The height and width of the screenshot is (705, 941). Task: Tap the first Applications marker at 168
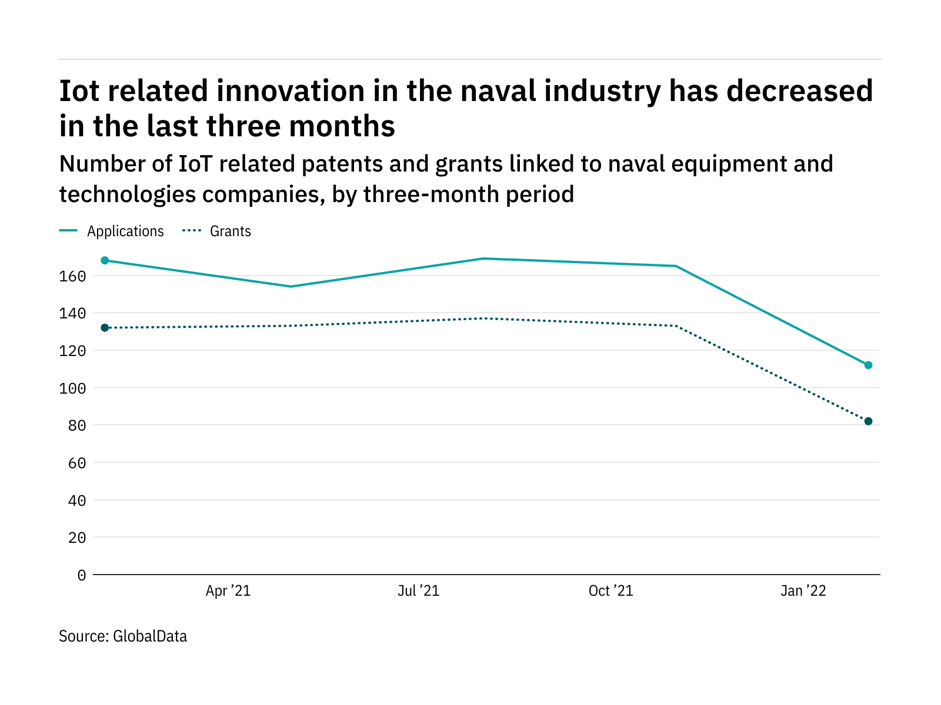[105, 260]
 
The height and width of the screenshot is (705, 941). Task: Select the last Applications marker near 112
[868, 365]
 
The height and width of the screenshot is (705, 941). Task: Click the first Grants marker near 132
[105, 328]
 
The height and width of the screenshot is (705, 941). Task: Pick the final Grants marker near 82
[868, 421]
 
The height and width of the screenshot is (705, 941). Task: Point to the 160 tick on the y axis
[72, 276]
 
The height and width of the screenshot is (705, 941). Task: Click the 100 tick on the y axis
[72, 388]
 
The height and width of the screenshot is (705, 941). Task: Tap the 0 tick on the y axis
[81, 575]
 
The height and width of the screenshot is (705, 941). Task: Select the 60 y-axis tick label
[76, 463]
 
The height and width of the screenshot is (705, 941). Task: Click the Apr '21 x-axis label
[228, 591]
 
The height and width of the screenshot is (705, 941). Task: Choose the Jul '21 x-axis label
[418, 591]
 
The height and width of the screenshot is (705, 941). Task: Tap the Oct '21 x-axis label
[610, 591]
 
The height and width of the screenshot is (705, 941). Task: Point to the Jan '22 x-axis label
[803, 591]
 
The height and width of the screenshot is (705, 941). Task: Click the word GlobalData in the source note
[150, 636]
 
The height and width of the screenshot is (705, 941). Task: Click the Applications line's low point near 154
[291, 287]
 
